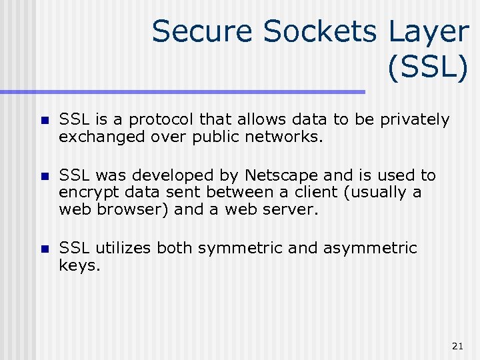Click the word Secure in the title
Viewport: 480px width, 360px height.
click(202, 31)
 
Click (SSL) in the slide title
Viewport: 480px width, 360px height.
click(427, 69)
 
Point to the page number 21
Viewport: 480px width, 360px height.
click(457, 345)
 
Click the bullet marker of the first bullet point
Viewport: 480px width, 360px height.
click(43, 121)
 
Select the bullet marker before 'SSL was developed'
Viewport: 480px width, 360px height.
click(43, 177)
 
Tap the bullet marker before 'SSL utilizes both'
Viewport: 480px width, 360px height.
click(43, 250)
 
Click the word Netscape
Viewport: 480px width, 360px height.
click(281, 175)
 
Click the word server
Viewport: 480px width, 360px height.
click(293, 210)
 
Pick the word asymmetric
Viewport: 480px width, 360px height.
click(370, 249)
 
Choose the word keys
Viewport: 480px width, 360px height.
click(79, 266)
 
